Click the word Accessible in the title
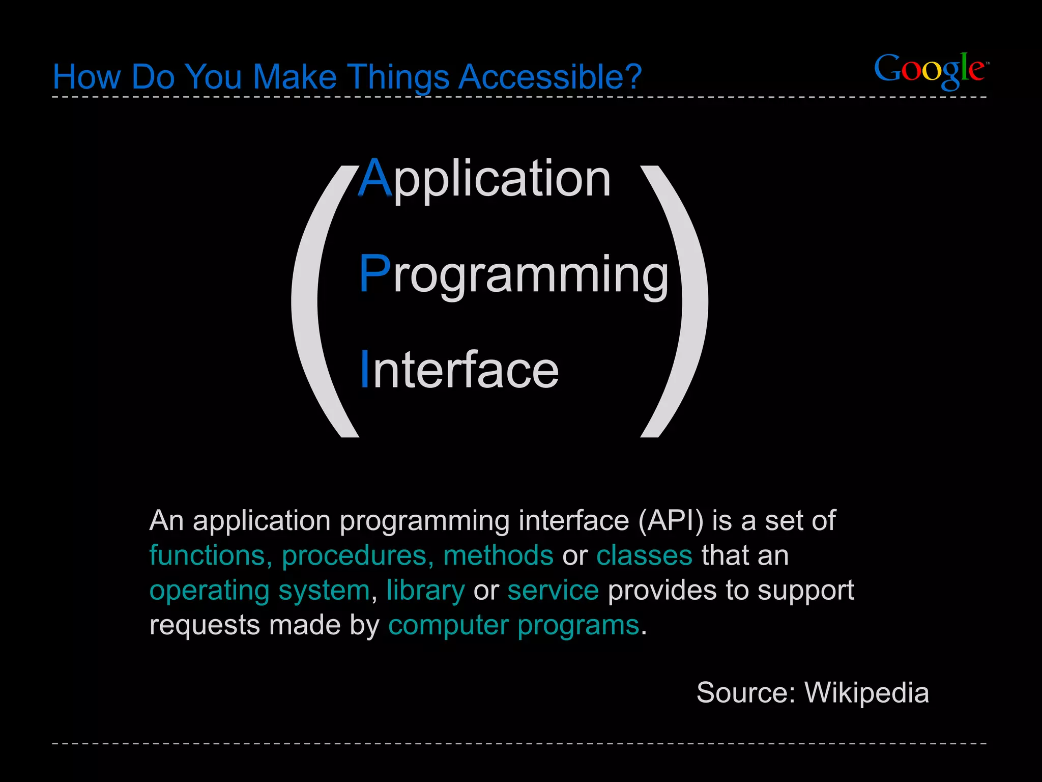click(x=549, y=77)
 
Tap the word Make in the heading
click(x=295, y=77)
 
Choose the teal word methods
click(x=498, y=555)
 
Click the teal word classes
click(x=644, y=555)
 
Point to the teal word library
click(x=425, y=591)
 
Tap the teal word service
click(x=553, y=591)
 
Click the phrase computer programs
click(x=513, y=625)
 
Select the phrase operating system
click(x=259, y=591)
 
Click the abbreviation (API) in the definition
click(x=671, y=521)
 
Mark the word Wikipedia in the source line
click(x=866, y=693)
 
